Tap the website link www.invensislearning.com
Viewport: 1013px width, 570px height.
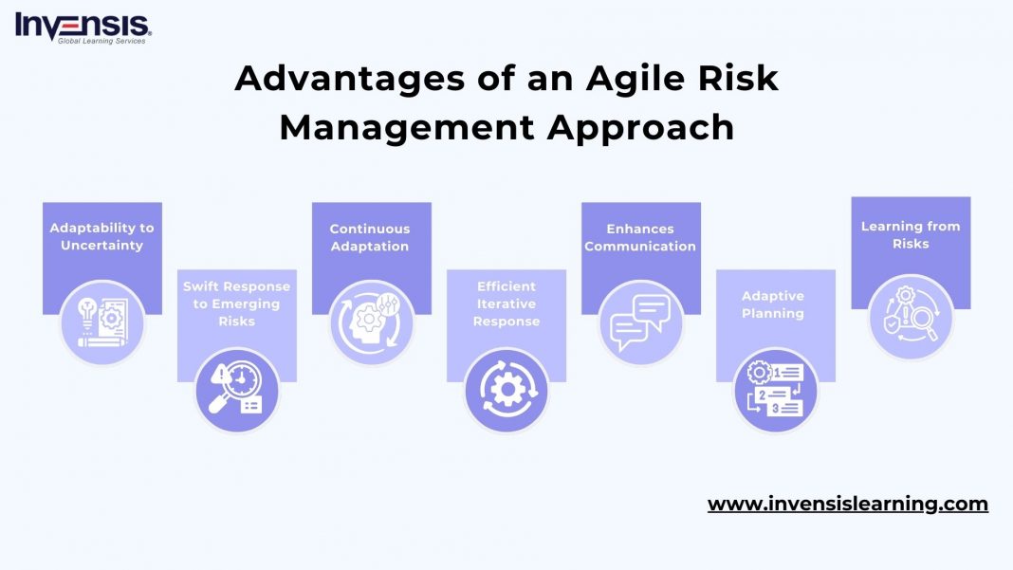(847, 504)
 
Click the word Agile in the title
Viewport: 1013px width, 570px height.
(625, 79)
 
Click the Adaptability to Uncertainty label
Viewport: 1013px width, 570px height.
(101, 237)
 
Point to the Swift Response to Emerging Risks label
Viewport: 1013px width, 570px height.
(236, 303)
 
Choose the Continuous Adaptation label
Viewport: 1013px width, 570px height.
(370, 237)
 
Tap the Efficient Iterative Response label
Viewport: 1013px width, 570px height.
(506, 303)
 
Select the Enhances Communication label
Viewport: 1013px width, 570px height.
(640, 237)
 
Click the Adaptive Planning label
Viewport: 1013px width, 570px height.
(773, 303)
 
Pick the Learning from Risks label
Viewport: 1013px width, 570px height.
(911, 234)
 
